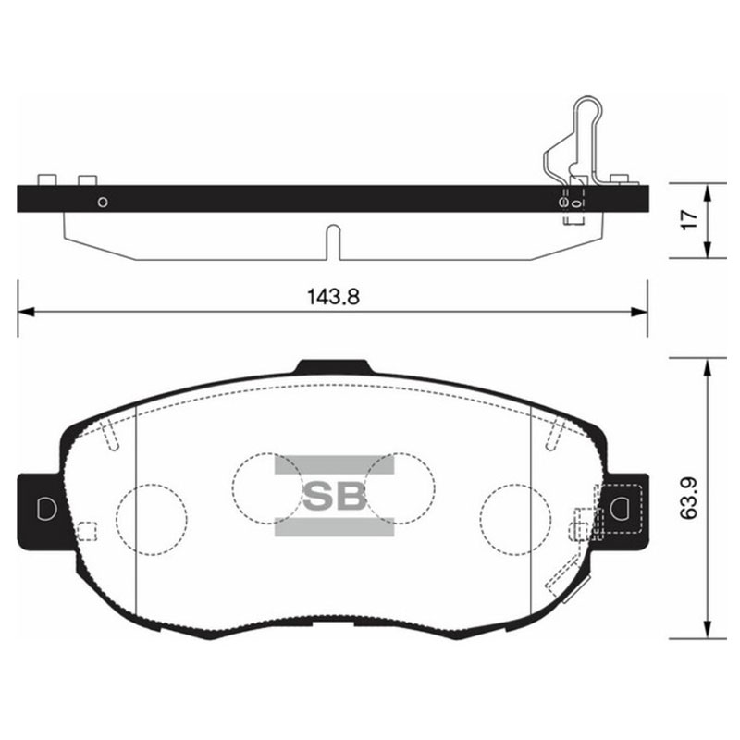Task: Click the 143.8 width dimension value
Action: point(333,297)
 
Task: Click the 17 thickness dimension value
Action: point(690,219)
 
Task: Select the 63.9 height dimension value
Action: point(689,499)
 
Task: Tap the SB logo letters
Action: point(334,496)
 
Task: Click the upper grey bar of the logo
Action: point(334,464)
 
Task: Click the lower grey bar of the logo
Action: point(334,526)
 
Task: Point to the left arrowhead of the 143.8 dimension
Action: point(26,312)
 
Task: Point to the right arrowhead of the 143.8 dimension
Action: point(639,312)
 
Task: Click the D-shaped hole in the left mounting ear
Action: point(46,509)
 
